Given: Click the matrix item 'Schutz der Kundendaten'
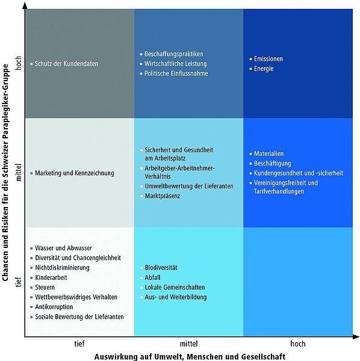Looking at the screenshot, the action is click(x=66, y=64).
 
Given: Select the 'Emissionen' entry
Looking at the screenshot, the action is click(x=268, y=59).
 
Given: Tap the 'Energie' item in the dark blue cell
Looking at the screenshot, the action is click(x=264, y=69).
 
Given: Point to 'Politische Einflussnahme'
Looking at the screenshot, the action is click(x=176, y=73).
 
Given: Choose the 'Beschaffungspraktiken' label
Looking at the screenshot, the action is click(x=173, y=54).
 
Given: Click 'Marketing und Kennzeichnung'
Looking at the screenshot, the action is click(x=75, y=173).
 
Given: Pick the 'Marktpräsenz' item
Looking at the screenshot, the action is click(x=163, y=196).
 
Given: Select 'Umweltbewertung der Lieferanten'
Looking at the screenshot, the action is click(x=189, y=186).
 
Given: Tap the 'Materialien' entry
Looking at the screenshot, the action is click(x=268, y=153).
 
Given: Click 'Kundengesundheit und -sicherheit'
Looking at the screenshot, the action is click(x=299, y=173).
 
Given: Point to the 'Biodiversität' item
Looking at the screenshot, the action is click(x=161, y=268).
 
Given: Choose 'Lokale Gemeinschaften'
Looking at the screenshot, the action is click(x=175, y=287).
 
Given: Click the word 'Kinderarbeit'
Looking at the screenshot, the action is click(x=51, y=277).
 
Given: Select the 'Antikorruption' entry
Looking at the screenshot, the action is click(x=54, y=307).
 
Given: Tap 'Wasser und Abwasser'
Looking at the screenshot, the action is click(x=63, y=248).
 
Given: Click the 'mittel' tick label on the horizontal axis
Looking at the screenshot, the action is click(x=188, y=344).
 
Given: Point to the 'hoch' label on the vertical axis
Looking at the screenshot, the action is click(x=19, y=63).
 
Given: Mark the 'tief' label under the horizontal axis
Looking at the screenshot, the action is click(x=79, y=344).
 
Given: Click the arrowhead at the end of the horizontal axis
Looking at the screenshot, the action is click(x=356, y=337).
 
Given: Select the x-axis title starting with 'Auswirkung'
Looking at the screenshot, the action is click(x=190, y=356).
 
